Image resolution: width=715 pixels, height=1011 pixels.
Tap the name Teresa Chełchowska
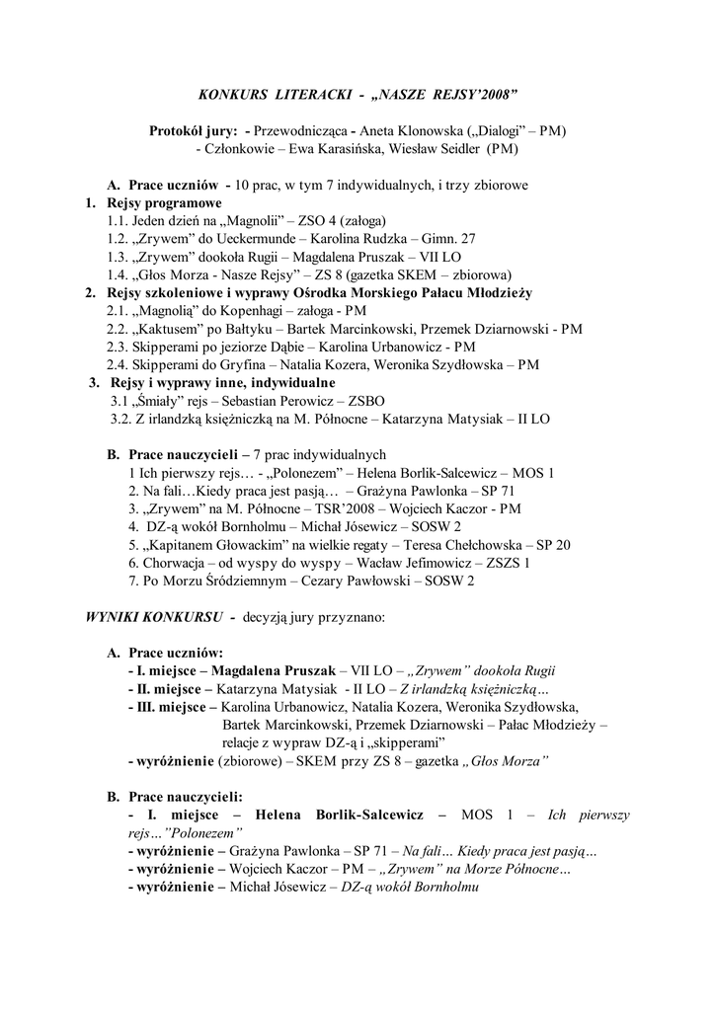point(458,545)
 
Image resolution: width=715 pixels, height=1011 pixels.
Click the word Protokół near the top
point(177,130)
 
